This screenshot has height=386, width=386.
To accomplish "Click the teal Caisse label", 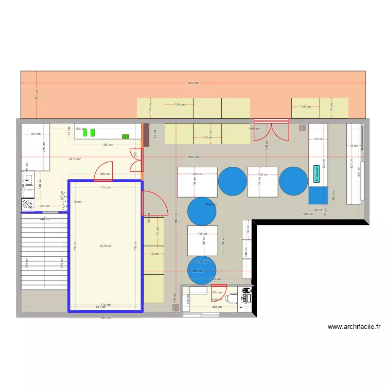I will pyautogui.click(x=317, y=174).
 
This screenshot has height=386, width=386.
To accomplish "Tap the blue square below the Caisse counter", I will pyautogui.click(x=318, y=196).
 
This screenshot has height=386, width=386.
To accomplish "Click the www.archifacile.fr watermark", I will pyautogui.click(x=354, y=326).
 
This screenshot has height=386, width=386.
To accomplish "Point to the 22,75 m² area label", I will pyautogui.click(x=75, y=159).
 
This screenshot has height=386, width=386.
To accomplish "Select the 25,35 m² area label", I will pyautogui.click(x=106, y=246).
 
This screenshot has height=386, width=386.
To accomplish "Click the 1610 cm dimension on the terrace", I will pyautogui.click(x=193, y=83).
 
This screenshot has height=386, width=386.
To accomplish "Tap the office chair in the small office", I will pyautogui.click(x=233, y=297).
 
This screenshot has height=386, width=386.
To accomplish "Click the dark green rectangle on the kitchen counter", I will pyautogui.click(x=125, y=136).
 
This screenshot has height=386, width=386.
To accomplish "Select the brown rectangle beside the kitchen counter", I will pyautogui.click(x=146, y=135).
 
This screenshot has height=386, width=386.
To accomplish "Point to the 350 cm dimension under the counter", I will pyautogui.click(x=108, y=145).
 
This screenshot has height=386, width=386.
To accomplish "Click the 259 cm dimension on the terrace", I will pyautogui.click(x=37, y=95).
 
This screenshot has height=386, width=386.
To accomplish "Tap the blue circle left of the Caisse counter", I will pyautogui.click(x=293, y=181).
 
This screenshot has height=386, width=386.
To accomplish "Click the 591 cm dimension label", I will pyautogui.click(x=308, y=214).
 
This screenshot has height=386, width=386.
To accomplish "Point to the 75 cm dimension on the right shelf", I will pyautogui.click(x=354, y=146).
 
